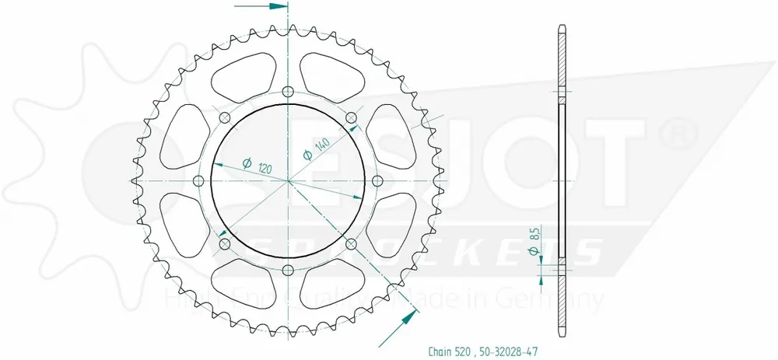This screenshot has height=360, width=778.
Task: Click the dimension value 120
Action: (266, 169)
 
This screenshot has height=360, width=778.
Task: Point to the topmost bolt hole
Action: (288, 92)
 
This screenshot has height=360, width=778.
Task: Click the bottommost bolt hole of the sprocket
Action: (288, 270)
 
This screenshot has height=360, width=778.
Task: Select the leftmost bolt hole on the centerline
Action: (198, 181)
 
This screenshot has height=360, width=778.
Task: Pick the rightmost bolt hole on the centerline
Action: (378, 181)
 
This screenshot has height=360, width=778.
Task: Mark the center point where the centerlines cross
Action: (288, 181)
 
